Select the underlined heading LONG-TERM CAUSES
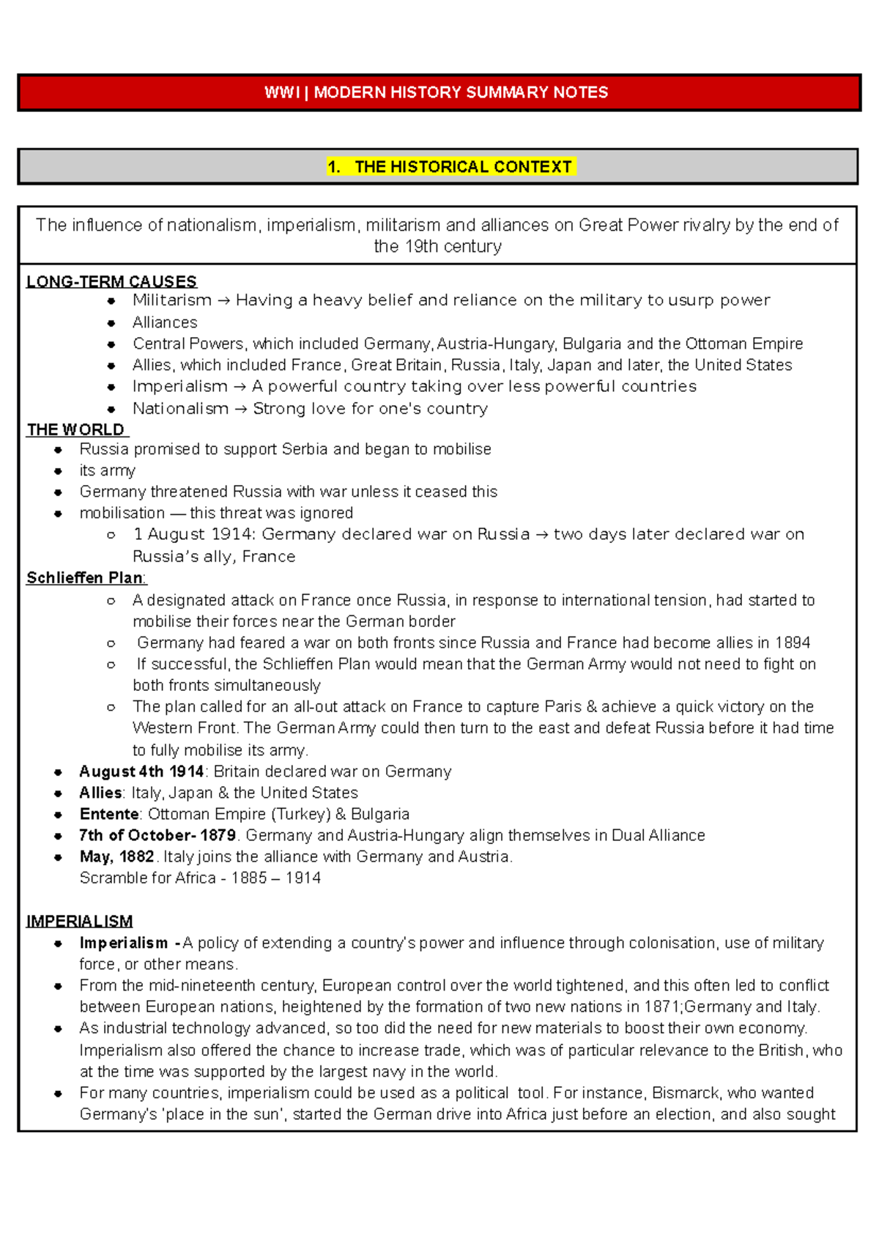tap(111, 281)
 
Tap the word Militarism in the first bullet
tap(171, 300)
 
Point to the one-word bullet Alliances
tap(165, 322)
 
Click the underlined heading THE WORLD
tap(76, 429)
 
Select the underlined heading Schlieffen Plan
tap(85, 578)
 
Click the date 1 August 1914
tap(194, 535)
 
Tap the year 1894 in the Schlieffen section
tap(792, 643)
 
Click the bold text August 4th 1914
tap(141, 771)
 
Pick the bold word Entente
tap(109, 814)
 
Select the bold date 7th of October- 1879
tap(157, 835)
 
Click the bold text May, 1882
tap(116, 856)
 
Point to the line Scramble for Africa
tap(199, 878)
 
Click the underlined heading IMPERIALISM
tap(79, 921)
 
